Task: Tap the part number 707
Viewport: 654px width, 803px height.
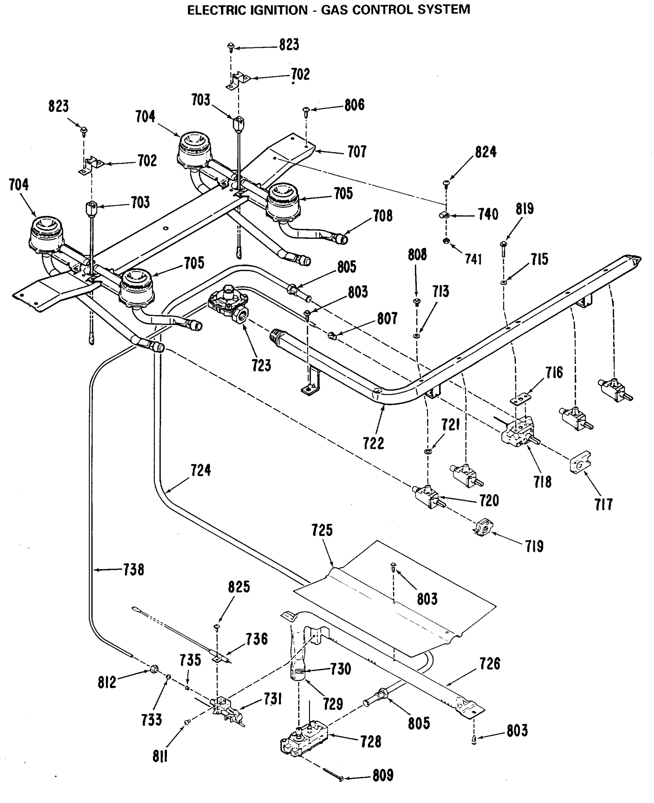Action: click(x=357, y=152)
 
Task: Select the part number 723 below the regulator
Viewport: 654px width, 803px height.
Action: click(x=261, y=365)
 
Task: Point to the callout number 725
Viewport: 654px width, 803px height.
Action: click(x=322, y=530)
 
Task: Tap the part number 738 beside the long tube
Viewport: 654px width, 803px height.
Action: click(x=134, y=570)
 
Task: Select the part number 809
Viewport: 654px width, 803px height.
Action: click(x=383, y=776)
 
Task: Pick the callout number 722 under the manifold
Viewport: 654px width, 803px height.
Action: click(x=373, y=444)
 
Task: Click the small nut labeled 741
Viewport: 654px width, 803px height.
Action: click(x=446, y=241)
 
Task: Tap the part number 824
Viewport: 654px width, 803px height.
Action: click(x=485, y=152)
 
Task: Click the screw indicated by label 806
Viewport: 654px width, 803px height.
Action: click(x=306, y=110)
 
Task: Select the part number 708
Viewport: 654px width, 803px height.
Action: click(x=383, y=216)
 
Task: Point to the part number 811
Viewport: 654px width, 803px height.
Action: click(x=160, y=756)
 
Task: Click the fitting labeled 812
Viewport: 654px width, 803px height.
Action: click(x=154, y=669)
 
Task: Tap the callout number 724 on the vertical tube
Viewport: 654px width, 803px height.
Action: click(x=200, y=470)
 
